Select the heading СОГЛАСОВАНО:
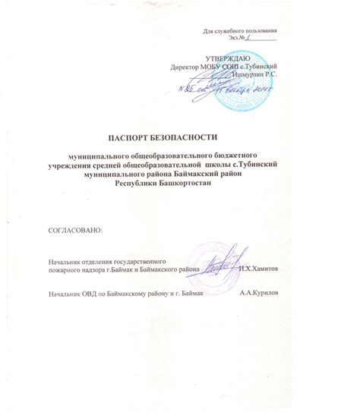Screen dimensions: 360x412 74,228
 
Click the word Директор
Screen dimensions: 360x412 188,67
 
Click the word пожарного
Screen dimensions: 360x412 65,270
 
